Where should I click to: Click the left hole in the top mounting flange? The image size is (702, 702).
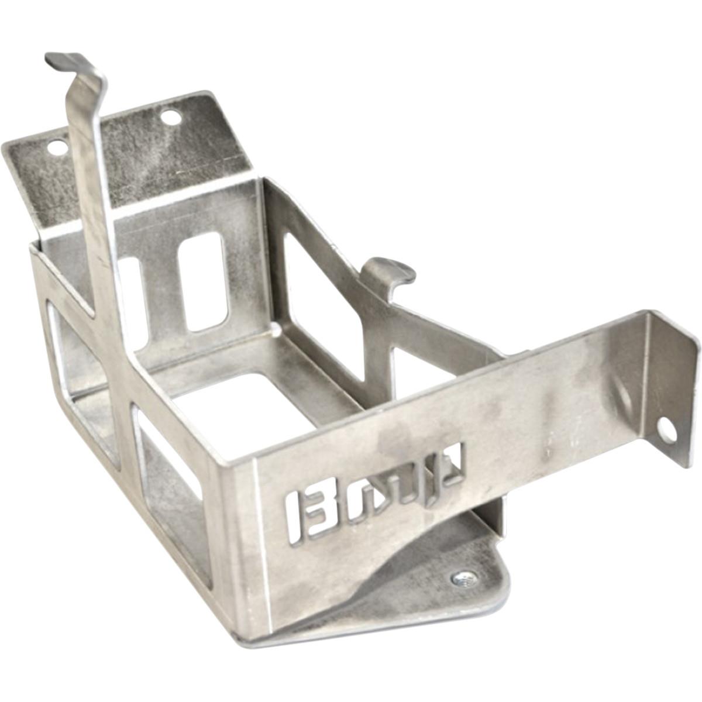click(x=57, y=147)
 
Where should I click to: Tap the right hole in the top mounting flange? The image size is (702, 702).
click(x=171, y=118)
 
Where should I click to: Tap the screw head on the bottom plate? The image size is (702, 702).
click(x=464, y=579)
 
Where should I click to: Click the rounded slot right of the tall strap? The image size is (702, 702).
click(x=204, y=281)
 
